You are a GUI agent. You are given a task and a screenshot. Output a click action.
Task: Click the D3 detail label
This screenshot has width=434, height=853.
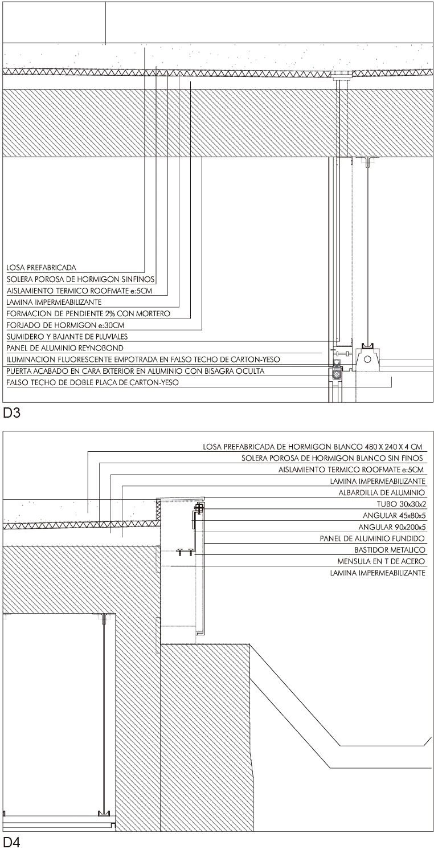(11, 413)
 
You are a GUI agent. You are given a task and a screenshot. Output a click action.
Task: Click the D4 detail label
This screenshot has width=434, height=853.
(11, 842)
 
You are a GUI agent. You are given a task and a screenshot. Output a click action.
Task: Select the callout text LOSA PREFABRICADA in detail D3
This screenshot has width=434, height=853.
(42, 268)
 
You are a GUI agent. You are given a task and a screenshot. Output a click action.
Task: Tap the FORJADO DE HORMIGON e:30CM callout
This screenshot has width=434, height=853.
(65, 325)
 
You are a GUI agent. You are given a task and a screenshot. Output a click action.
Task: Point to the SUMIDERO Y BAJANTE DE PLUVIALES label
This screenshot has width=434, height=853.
(67, 337)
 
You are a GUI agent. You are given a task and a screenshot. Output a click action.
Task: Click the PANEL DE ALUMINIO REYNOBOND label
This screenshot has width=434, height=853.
(65, 348)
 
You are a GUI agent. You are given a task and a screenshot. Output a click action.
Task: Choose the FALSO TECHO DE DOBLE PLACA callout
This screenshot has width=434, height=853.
(92, 382)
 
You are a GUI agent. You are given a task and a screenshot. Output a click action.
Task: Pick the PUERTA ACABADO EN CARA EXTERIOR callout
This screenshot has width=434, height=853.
(136, 371)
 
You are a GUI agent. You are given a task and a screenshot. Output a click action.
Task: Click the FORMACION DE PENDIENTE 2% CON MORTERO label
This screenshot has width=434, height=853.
(88, 314)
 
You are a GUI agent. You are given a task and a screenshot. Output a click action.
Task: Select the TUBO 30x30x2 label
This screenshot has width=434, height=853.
(402, 504)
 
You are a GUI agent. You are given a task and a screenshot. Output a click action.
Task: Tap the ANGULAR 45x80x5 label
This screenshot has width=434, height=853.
(394, 516)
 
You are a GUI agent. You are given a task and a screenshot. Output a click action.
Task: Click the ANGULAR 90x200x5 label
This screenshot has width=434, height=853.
(392, 527)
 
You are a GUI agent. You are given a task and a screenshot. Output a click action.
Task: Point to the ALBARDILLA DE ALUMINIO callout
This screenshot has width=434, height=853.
(382, 493)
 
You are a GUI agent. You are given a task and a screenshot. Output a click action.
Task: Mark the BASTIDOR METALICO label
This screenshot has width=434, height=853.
(390, 550)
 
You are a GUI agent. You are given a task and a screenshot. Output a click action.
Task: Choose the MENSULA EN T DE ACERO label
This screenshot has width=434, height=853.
(381, 561)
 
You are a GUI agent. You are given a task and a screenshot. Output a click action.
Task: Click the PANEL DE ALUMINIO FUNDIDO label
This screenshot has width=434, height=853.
(372, 538)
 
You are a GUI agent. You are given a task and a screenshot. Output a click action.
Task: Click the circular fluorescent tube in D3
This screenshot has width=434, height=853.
(367, 359)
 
